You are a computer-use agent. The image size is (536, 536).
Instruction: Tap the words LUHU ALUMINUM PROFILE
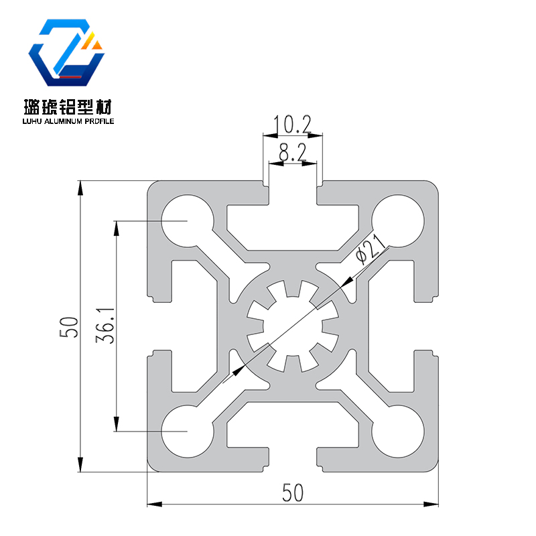69,122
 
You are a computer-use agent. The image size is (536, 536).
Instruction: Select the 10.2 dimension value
293,125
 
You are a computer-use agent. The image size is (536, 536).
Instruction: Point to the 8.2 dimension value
293,153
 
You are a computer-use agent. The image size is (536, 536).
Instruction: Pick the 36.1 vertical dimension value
102,326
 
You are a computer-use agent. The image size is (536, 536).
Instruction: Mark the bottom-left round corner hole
188,431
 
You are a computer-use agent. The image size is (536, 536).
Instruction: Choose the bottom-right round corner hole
399,431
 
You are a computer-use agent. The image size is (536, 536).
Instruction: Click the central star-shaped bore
293,326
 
